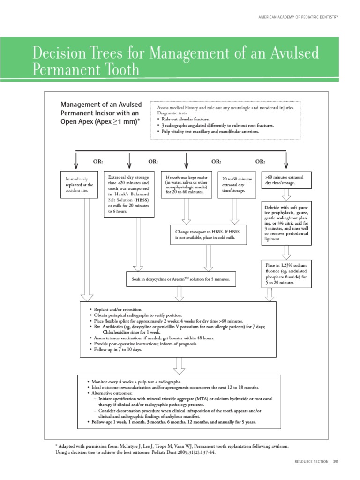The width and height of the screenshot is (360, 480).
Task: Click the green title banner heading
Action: coord(175,61)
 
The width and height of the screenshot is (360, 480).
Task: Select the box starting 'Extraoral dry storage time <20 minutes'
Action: coord(129,194)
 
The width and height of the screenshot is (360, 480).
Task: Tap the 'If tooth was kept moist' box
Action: coord(187,184)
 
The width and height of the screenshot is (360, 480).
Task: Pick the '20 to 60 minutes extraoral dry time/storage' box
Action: coord(236,185)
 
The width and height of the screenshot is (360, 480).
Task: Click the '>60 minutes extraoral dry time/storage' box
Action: coord(286,180)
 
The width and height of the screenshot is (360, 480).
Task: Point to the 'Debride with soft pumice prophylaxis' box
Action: coord(286,223)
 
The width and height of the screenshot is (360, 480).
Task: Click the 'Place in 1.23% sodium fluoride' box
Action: coord(286,274)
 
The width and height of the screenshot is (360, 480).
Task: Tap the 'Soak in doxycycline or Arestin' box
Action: coord(180,279)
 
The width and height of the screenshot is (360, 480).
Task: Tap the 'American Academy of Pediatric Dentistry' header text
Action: coord(298,17)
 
